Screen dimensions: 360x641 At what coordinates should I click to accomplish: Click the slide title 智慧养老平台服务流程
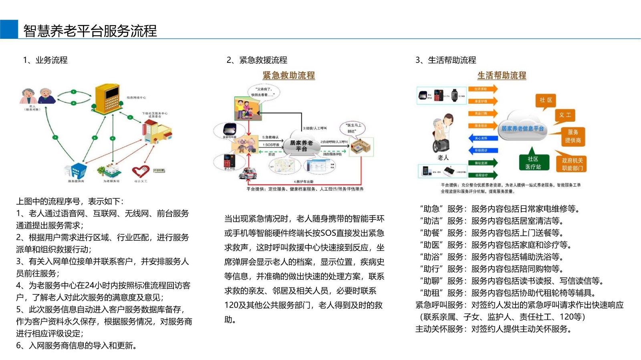90,31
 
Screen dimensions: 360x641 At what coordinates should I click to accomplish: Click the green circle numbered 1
74,92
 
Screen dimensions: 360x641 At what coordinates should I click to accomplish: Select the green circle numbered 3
55,137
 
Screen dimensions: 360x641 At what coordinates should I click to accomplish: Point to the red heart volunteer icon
140,172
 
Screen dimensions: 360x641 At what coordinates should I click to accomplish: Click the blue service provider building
76,170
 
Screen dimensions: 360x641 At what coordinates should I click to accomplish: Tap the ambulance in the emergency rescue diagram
247,173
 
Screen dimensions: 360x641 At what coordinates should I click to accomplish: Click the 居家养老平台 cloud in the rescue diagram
301,146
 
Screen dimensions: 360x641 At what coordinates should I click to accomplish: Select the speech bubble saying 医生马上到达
353,128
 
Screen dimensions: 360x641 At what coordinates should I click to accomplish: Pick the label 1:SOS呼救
271,145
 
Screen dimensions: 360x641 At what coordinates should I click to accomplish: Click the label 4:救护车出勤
303,182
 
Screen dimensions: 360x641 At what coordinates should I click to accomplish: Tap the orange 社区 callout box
545,100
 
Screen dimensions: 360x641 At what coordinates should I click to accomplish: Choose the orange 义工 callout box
565,115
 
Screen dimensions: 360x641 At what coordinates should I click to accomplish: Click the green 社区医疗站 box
533,163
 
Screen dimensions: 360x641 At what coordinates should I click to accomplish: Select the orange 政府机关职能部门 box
572,164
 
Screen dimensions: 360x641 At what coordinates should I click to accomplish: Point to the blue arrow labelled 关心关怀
483,138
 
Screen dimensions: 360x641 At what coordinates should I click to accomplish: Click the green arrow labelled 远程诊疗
483,175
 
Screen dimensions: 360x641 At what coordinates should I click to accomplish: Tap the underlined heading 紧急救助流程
288,75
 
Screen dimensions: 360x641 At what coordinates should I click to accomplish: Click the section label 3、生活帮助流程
445,60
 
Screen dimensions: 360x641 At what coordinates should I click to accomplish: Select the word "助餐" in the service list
431,233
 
